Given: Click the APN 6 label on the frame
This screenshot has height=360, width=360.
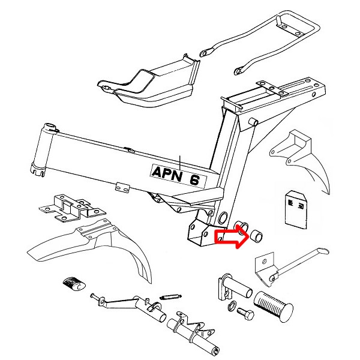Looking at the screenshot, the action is coord(178,176).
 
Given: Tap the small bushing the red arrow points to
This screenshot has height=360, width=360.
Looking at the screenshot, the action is coord(257,236).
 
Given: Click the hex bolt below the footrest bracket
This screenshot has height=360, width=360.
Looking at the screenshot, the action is coord(245,313).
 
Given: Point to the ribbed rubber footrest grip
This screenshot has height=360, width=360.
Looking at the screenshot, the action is coord(273,306).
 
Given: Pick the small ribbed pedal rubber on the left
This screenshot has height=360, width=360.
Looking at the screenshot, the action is coord(74,284).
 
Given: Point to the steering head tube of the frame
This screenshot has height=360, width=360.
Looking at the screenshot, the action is coord(42,149).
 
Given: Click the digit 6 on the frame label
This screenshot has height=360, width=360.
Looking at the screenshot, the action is coord(194,179).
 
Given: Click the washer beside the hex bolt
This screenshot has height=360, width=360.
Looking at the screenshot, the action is coord(232,306).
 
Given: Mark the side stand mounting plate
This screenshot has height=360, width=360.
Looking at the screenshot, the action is coord(265,269).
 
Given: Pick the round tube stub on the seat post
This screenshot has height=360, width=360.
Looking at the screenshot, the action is coord(253,122).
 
